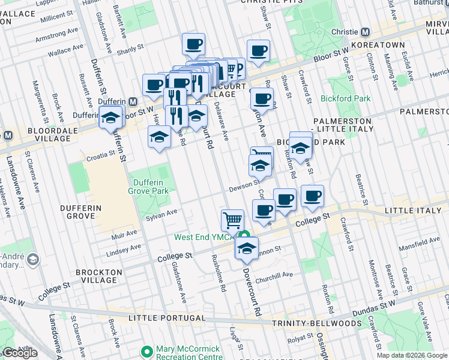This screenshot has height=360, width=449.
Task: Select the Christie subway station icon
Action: coord(365,32)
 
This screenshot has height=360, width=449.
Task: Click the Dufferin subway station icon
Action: coord(133,101)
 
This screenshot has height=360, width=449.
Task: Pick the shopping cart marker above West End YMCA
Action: coord(232,220)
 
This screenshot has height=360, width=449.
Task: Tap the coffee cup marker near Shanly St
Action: coord(193,44)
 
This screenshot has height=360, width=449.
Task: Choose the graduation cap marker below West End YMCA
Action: coord(246,249)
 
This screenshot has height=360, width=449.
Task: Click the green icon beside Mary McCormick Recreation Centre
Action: coord(145,350)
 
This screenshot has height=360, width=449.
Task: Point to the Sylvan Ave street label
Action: coord(163,214)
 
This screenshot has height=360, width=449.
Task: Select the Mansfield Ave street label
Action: coord(422,243)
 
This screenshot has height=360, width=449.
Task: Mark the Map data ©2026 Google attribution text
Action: coord(411,355)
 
